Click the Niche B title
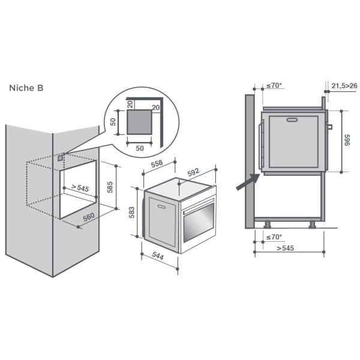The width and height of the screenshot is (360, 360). [26, 88]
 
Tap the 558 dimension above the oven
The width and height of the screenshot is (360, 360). [157, 164]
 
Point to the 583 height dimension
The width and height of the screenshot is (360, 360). [132, 212]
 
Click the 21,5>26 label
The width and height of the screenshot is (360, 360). [344, 86]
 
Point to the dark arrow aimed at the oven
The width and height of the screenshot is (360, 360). [247, 182]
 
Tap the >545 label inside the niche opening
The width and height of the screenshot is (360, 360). [79, 188]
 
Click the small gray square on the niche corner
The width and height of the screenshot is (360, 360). [61, 158]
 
